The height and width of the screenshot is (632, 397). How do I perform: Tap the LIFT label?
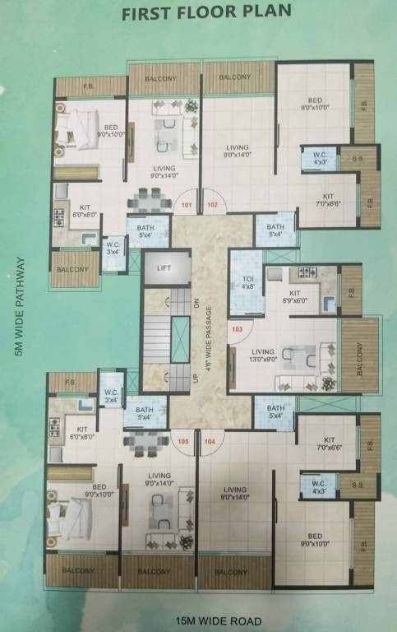point(164,268)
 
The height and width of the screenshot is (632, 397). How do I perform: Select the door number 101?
point(187,203)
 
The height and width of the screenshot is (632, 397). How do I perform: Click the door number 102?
point(211,203)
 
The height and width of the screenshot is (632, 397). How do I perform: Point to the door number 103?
point(238,329)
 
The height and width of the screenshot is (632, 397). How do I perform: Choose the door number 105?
point(184,441)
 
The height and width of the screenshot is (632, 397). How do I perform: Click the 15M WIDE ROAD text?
point(218,620)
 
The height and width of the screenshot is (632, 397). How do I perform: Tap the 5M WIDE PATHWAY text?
point(18,307)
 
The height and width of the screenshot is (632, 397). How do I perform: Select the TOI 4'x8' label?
point(246,282)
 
